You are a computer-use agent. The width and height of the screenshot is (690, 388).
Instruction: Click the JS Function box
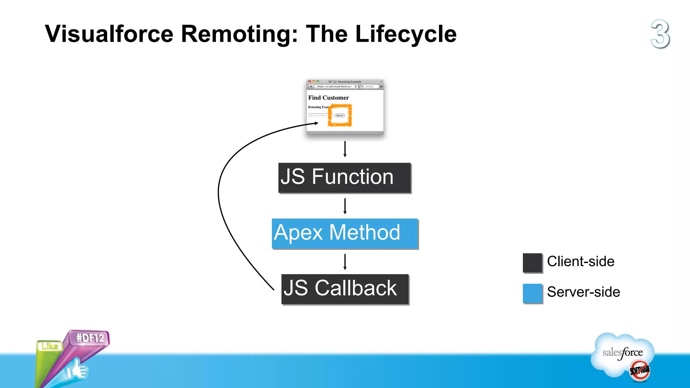pyautogui.click(x=344, y=178)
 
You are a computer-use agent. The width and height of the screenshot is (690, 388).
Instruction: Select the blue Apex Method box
pyautogui.click(x=345, y=233)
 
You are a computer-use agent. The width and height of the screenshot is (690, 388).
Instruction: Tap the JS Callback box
pyautogui.click(x=345, y=289)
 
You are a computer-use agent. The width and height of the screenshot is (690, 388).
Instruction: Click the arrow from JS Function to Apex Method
pyautogui.click(x=345, y=206)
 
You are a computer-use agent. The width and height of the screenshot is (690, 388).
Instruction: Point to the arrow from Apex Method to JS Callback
pyautogui.click(x=345, y=262)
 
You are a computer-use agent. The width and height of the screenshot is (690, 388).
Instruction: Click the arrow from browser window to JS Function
pyautogui.click(x=345, y=149)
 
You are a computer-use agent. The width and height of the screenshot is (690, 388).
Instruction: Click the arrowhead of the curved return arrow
pyautogui.click(x=316, y=123)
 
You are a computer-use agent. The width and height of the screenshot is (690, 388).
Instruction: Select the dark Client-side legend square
pyautogui.click(x=532, y=263)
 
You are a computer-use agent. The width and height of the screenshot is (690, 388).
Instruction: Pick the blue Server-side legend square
pyautogui.click(x=532, y=293)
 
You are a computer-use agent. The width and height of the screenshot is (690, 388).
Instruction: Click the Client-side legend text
pyautogui.click(x=581, y=262)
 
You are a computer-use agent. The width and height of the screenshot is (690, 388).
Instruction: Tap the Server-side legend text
pyautogui.click(x=583, y=292)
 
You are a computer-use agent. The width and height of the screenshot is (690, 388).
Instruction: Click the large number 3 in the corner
pyautogui.click(x=660, y=34)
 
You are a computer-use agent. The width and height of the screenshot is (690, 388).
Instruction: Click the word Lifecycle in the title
pyautogui.click(x=406, y=34)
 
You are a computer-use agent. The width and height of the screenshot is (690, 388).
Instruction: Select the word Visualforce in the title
pyautogui.click(x=109, y=34)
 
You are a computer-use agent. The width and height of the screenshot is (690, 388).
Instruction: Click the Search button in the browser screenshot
pyautogui.click(x=340, y=116)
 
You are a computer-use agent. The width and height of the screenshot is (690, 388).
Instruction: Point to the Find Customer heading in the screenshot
pyautogui.click(x=328, y=98)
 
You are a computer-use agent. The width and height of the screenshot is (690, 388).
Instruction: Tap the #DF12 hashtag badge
pyautogui.click(x=90, y=338)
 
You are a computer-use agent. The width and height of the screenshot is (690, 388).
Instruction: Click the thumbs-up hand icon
pyautogui.click(x=77, y=370)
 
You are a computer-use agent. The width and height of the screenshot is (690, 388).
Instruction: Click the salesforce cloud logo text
pyautogui.click(x=622, y=353)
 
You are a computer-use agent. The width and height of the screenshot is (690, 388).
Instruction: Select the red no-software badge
pyautogui.click(x=639, y=370)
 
